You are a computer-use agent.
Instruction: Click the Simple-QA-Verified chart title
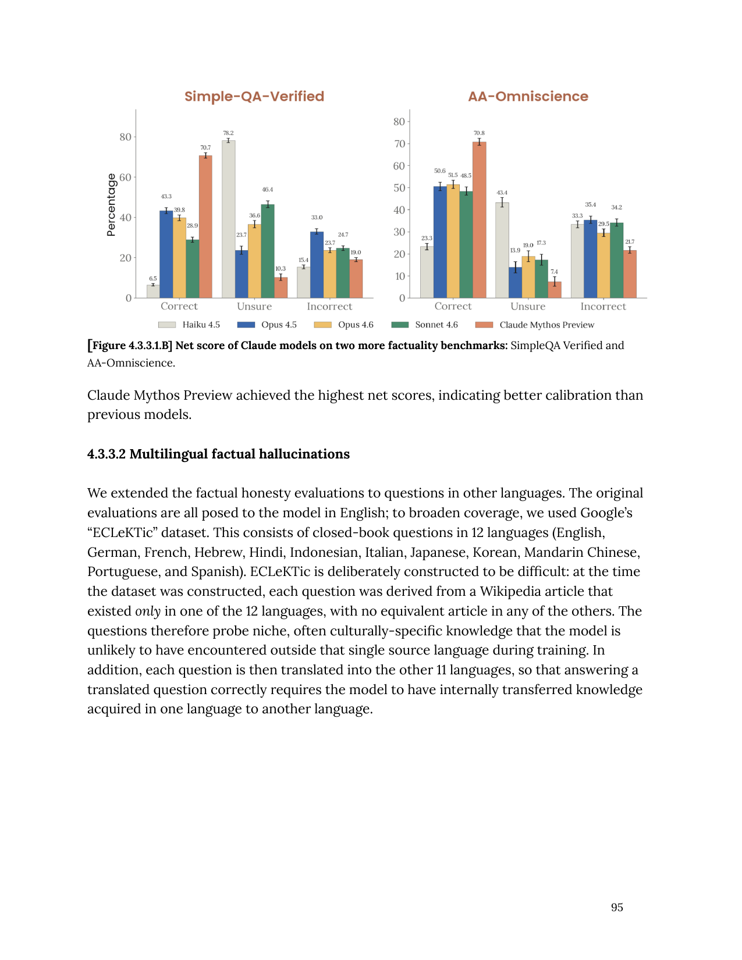click(x=254, y=97)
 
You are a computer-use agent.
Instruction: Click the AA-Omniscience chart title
click(x=528, y=97)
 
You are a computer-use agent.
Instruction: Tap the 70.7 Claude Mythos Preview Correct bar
click(x=205, y=226)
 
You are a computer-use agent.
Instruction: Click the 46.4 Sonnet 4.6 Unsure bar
click(x=268, y=251)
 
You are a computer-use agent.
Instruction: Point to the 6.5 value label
click(x=153, y=279)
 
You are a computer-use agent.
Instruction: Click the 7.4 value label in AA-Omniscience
click(x=554, y=272)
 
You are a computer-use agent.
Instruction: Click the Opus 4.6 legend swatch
click(x=322, y=325)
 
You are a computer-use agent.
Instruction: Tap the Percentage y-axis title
click(x=111, y=205)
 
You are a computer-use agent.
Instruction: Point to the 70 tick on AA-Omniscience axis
click(x=399, y=144)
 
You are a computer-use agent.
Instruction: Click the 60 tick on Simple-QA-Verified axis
click(x=125, y=177)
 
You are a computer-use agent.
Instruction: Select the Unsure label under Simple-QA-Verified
click(x=254, y=307)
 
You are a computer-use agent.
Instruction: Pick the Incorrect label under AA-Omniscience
click(x=603, y=307)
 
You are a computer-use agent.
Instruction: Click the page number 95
click(x=617, y=908)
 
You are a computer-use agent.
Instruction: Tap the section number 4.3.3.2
click(x=106, y=454)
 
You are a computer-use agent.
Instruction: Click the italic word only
click(x=148, y=611)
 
